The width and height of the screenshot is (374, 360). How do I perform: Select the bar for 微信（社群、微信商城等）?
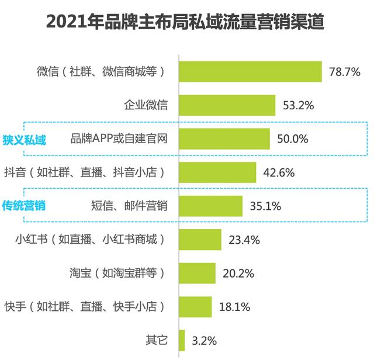tap(250, 72)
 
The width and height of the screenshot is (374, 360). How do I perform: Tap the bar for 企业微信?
tap(227, 106)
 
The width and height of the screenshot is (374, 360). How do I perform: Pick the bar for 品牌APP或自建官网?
tap(224, 139)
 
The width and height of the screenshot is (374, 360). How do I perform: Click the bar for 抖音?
tap(217, 172)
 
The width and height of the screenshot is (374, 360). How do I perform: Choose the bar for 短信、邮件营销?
tap(210, 206)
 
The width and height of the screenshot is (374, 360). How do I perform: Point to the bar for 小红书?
tap(199, 240)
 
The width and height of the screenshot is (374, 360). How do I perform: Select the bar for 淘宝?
tap(196, 273)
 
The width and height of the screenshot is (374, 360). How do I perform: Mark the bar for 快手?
tap(195, 306)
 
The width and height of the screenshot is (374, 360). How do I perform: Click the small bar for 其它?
tap(181, 340)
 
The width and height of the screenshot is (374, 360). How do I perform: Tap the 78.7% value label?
tap(345, 72)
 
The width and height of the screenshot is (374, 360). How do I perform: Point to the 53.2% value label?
tap(299, 106)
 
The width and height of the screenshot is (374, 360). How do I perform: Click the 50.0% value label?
tap(293, 139)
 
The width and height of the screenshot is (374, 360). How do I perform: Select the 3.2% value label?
tap(205, 340)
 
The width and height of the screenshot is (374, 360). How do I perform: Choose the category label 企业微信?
tap(146, 106)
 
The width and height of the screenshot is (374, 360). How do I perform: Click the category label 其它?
tap(157, 340)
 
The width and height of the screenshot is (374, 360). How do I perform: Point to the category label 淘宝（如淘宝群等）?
tap(117, 273)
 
